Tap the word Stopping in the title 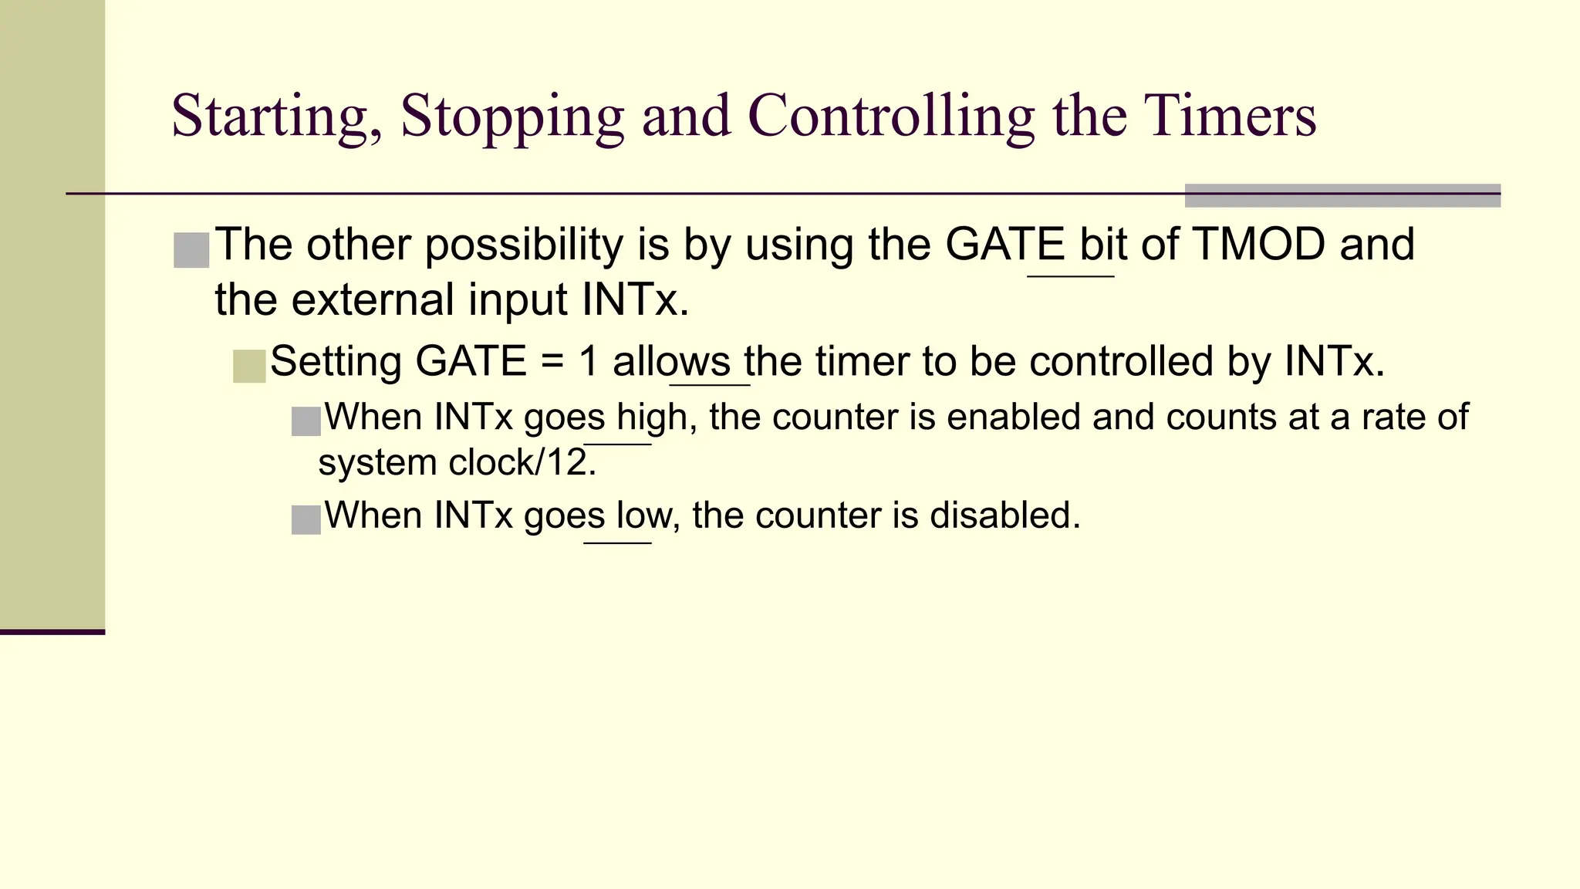[x=511, y=117]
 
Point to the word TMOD [x=1258, y=245]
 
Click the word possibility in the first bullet [x=524, y=246]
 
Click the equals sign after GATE [x=552, y=363]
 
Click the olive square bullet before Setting [x=249, y=366]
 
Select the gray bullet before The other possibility [x=191, y=250]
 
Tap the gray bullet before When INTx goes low [x=306, y=520]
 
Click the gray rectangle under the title [x=1342, y=196]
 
